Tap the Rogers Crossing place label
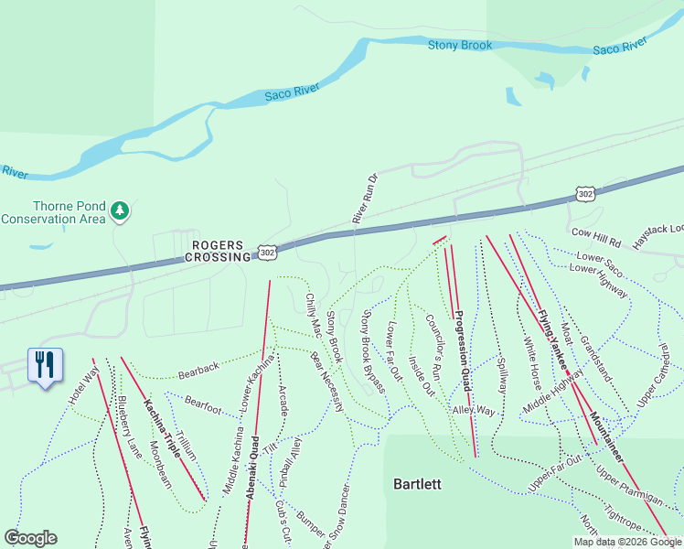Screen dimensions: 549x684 pos(219,251)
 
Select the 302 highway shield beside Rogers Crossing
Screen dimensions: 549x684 pos(266,252)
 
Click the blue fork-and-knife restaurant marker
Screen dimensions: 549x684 pos(44,366)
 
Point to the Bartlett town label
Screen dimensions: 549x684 pos(417,482)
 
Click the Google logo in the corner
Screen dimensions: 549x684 pos(30,538)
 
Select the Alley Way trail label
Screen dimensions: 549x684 pos(473,411)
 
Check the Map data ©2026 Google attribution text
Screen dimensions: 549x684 pos(627,542)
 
